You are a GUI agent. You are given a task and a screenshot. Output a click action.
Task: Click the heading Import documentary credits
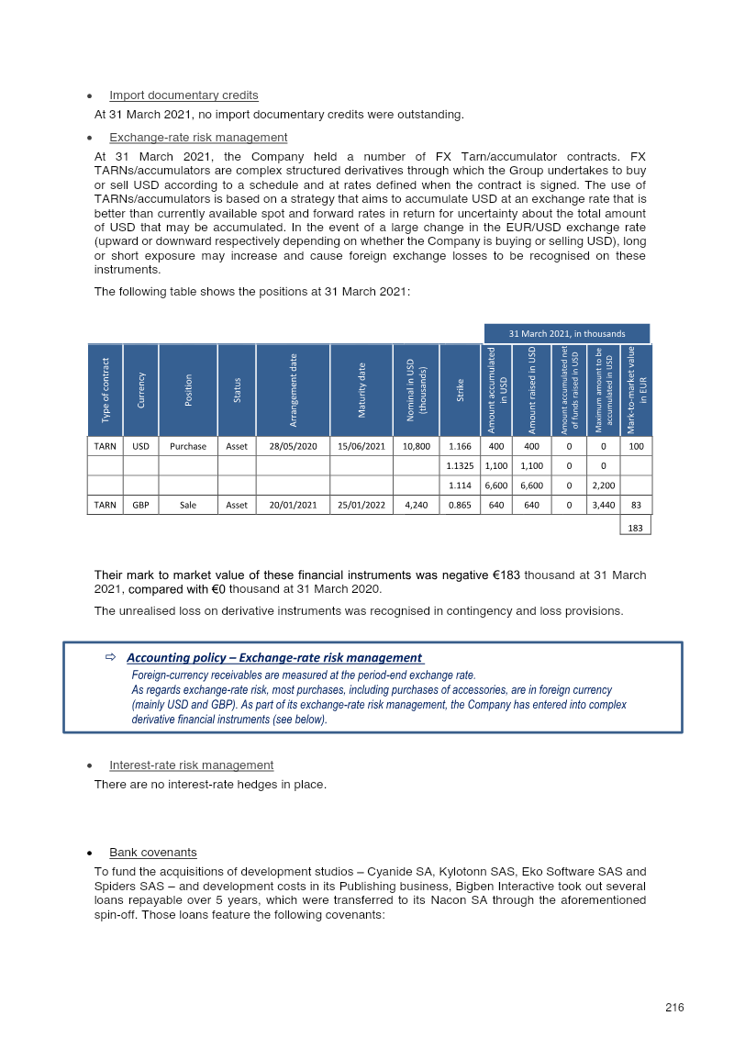tap(183, 95)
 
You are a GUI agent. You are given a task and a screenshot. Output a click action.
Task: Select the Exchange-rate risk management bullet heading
tap(198, 138)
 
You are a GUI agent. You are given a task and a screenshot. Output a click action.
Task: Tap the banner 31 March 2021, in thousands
tap(567, 333)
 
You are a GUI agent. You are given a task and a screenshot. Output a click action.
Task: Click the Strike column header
tap(460, 389)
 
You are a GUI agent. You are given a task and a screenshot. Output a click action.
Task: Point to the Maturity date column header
tap(362, 389)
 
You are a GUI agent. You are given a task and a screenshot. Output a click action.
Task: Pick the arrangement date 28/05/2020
tap(293, 446)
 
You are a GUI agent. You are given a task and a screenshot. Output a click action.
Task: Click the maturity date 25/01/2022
tap(362, 504)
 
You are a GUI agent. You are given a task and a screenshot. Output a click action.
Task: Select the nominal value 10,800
tap(416, 446)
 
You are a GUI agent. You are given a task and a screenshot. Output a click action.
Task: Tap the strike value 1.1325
tap(460, 465)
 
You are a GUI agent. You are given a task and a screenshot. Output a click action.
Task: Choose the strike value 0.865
tap(460, 504)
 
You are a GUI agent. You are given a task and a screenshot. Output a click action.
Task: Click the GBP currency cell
tap(140, 504)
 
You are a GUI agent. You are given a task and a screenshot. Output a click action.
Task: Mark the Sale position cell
tap(188, 504)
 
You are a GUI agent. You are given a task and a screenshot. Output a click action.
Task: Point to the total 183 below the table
tap(635, 527)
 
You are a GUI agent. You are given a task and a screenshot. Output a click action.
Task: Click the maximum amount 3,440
tap(603, 504)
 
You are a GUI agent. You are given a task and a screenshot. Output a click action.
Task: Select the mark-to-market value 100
tap(635, 446)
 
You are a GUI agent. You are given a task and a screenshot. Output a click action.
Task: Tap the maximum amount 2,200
tap(603, 485)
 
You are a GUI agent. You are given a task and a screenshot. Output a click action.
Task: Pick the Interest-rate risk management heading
tap(191, 765)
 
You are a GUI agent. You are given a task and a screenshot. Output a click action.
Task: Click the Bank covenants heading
tap(152, 853)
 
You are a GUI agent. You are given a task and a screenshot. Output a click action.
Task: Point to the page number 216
tap(675, 1008)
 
